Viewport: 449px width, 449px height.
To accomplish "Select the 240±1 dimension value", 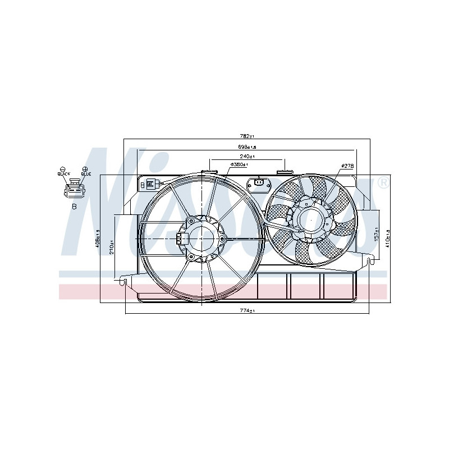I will [x=247, y=157].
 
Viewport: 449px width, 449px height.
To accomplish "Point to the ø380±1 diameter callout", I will [x=239, y=165].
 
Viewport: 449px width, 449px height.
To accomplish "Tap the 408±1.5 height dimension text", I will [x=97, y=239].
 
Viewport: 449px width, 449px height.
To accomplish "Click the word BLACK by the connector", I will [x=63, y=174].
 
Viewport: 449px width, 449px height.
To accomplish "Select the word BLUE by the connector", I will [x=85, y=174].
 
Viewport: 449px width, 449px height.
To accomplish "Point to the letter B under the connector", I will [x=74, y=207].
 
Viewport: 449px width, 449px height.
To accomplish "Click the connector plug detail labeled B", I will [x=74, y=191].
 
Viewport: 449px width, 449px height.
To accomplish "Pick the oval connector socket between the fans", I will [x=259, y=182].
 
